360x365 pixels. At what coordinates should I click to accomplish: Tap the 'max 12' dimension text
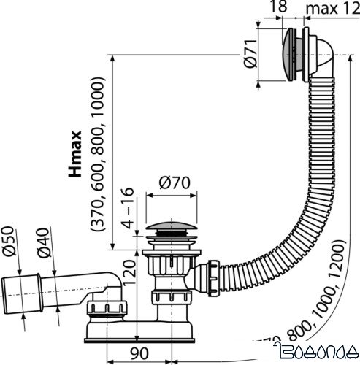click(332, 9)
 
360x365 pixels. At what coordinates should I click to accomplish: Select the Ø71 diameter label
click(250, 55)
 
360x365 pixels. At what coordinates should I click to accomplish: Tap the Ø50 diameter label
click(9, 243)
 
